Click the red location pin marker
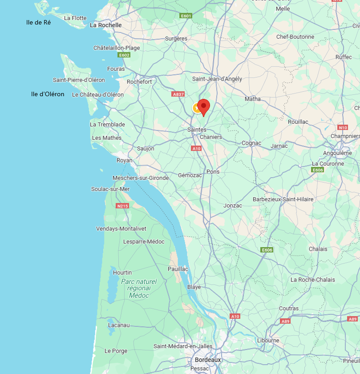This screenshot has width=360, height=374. click(203, 107)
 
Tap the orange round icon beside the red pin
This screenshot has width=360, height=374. click(196, 108)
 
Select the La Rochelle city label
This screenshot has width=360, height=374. click(105, 25)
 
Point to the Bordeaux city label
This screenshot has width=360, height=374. click(208, 360)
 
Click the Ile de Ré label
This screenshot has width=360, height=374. click(38, 22)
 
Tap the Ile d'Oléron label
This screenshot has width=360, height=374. click(48, 94)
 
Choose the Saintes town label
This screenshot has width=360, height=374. click(197, 130)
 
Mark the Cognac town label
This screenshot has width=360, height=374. click(251, 143)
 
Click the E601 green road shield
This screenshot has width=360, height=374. click(186, 16)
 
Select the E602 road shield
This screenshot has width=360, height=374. click(124, 55)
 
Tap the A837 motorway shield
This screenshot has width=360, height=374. click(178, 94)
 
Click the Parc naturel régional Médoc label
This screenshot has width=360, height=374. click(138, 289)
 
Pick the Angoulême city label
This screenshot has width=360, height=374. click(337, 153)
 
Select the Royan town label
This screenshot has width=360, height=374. click(124, 160)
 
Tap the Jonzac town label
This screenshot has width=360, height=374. click(233, 206)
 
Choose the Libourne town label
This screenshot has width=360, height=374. click(268, 341)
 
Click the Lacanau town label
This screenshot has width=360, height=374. click(119, 325)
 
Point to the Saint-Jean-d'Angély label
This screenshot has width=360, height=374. click(217, 79)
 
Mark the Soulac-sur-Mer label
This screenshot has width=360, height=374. click(110, 189)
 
